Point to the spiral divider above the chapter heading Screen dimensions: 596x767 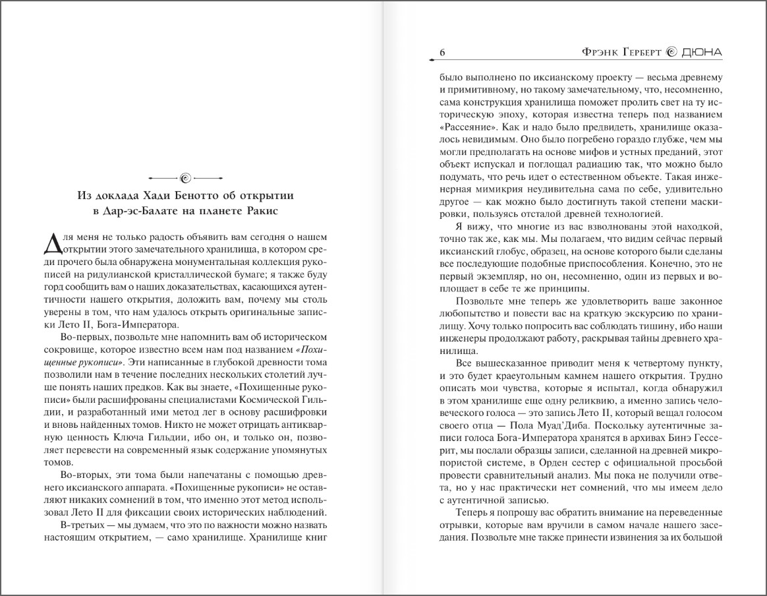[185, 177]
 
